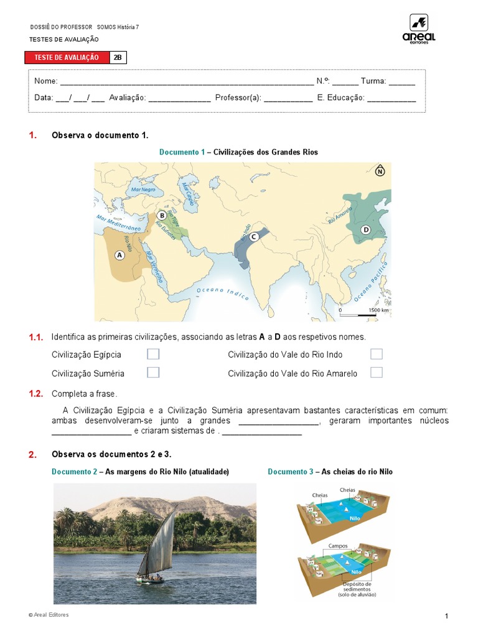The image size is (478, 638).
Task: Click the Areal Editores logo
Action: coord(419,29)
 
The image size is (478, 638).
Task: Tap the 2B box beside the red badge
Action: coord(118,57)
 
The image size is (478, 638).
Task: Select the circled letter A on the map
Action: coord(119,255)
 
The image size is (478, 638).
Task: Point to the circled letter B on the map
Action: coord(162,216)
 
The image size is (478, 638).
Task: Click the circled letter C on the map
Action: coord(253,237)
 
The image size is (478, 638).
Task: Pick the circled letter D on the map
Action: coord(366,230)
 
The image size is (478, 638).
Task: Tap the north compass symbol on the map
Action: coord(380,171)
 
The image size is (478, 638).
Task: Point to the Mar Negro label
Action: coord(144,189)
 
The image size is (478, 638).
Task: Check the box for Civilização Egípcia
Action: coord(153,355)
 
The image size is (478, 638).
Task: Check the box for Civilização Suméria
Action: coord(153,373)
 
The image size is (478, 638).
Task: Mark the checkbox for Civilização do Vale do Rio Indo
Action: coord(376,355)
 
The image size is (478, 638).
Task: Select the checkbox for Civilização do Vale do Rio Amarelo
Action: coord(376,373)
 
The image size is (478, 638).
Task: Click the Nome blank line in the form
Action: coord(187,82)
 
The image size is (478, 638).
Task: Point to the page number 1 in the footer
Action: coord(446,616)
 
